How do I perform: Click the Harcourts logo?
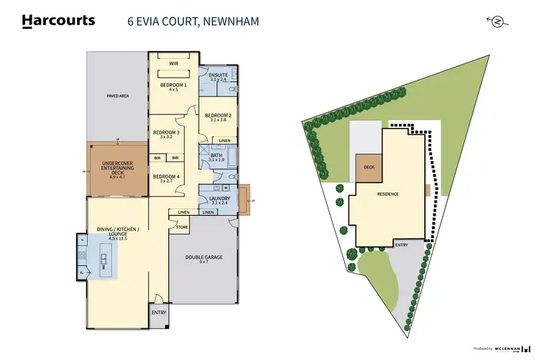pos(58,21)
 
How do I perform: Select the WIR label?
pos(173,63)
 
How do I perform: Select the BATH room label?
pos(217,156)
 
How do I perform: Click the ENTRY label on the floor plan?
pos(158,313)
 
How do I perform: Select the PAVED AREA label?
pos(118,96)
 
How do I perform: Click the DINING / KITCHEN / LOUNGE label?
pos(118,233)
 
